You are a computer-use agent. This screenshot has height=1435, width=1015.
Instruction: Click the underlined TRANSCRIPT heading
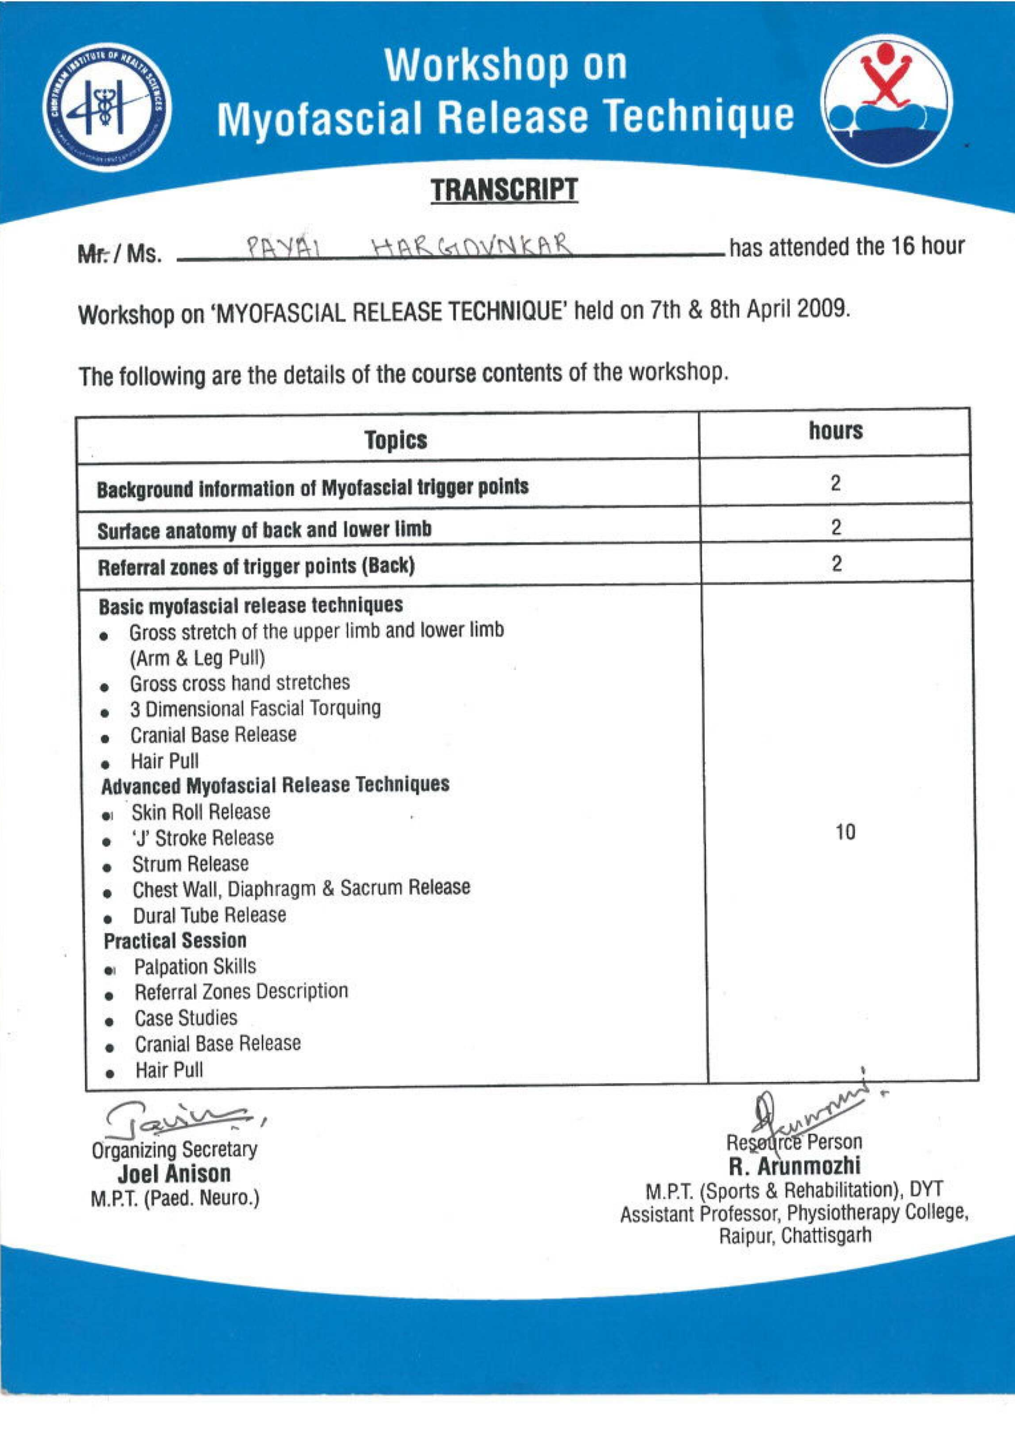click(x=504, y=190)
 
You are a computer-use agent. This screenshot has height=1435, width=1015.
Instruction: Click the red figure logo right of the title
click(x=887, y=101)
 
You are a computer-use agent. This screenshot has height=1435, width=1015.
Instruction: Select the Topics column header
click(x=395, y=439)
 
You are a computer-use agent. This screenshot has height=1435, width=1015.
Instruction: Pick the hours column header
click(x=835, y=431)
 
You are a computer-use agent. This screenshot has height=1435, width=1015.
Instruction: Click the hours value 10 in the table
click(x=845, y=832)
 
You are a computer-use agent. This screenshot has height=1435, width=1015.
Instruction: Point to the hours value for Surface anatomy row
click(x=836, y=527)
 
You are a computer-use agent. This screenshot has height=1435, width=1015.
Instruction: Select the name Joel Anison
click(x=174, y=1174)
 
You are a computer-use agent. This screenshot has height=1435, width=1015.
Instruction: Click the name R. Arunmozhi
click(x=794, y=1166)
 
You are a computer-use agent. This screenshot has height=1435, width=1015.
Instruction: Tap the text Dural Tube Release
click(x=209, y=915)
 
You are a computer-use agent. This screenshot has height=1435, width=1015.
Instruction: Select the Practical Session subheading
click(x=175, y=940)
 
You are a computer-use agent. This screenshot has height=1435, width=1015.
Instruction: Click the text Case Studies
click(x=186, y=1018)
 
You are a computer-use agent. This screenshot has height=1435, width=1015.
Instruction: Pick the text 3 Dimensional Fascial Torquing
click(x=255, y=708)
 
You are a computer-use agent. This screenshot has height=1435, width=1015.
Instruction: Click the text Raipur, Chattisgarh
click(x=795, y=1236)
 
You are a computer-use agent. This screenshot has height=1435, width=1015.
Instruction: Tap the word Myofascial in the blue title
click(x=320, y=119)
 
